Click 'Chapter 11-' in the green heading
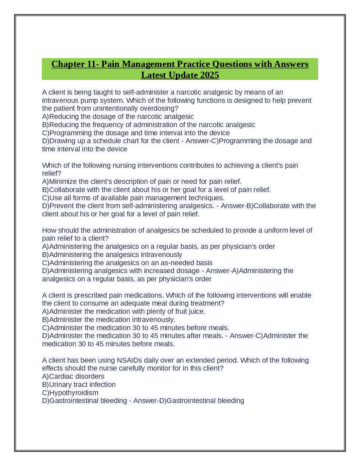tap(75, 64)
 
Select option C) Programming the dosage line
tap(136, 133)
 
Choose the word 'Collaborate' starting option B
tap(67, 190)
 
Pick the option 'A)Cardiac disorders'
tap(73, 377)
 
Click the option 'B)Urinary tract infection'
tap(79, 385)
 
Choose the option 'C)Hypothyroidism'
tap(70, 393)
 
